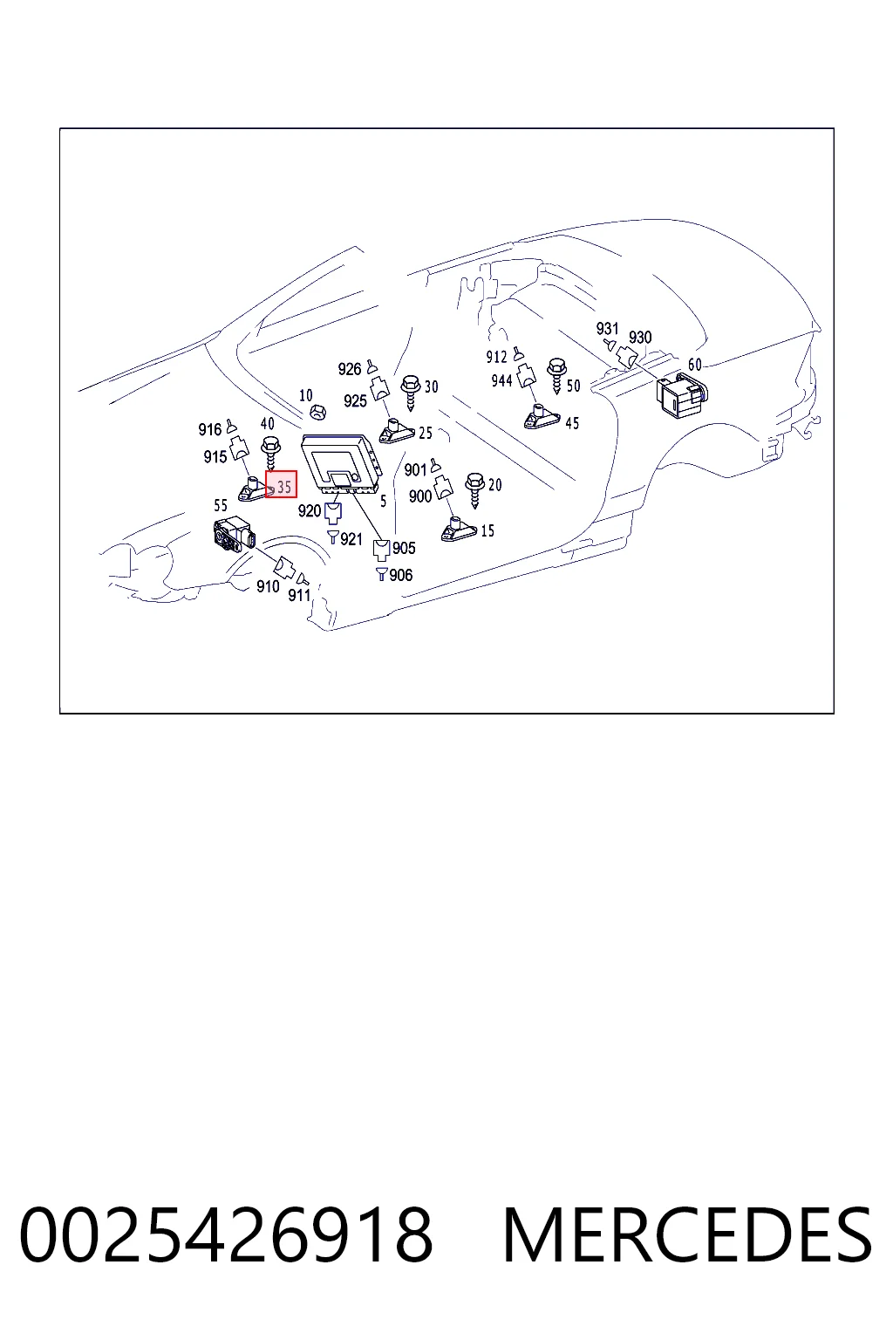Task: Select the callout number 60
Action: tap(694, 365)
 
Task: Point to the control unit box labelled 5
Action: tap(341, 463)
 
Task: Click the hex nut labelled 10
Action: tap(317, 412)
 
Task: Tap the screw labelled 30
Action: tap(411, 392)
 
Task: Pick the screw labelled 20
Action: tap(475, 490)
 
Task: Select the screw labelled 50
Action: tap(557, 376)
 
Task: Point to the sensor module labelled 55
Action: tap(235, 534)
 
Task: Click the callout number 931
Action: tap(607, 328)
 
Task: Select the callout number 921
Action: tap(351, 539)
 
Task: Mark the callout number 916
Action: tap(210, 429)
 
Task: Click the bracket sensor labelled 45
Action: tap(542, 417)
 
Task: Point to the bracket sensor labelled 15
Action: tap(459, 530)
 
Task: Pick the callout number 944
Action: tap(501, 380)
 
